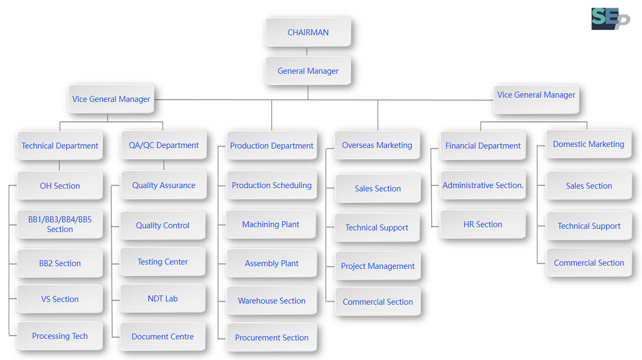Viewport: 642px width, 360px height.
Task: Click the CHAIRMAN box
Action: coord(308,33)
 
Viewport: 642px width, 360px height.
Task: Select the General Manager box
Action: coord(308,71)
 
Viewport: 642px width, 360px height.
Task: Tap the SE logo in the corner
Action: coord(610,19)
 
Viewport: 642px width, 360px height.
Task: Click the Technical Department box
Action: coord(60,146)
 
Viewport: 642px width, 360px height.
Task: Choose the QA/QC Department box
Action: coord(164,145)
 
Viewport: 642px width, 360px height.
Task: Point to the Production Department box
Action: coord(271,146)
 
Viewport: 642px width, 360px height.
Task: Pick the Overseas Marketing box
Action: coord(377,145)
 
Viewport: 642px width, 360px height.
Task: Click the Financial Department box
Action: coord(483,146)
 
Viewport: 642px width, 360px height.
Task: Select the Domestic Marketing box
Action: coord(589,144)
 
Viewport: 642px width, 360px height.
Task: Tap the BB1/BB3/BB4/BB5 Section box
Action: coord(60,224)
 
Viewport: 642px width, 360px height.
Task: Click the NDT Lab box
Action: coord(163,299)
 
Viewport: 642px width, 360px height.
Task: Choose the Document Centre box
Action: coord(163,337)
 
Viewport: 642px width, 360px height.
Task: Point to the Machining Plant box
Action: coord(271,224)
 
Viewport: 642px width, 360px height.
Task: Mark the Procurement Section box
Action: coord(271,337)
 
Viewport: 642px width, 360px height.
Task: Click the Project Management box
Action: coord(378,266)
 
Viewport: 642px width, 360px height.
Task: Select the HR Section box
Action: coord(483,224)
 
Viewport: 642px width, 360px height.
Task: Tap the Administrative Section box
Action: coord(483,185)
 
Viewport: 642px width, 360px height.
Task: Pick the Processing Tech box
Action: coord(60,336)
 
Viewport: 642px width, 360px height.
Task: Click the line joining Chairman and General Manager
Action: coord(307,52)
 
